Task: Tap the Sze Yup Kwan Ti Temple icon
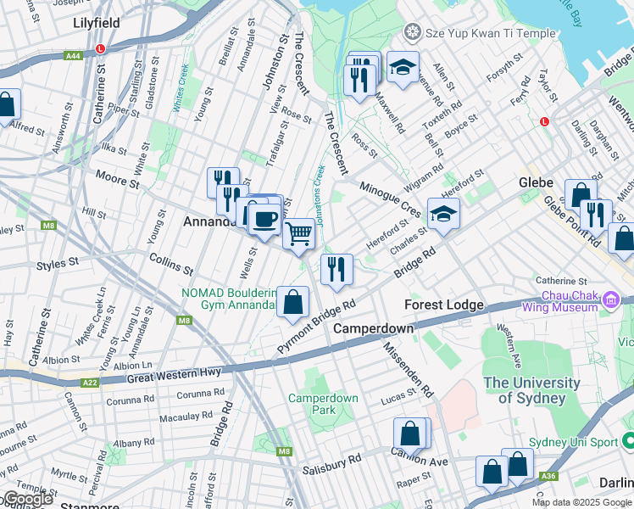click(413, 33)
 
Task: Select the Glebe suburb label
click(536, 182)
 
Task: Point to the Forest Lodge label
click(443, 305)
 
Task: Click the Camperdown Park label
click(323, 404)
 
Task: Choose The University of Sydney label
click(531, 390)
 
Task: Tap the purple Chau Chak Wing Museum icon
click(609, 299)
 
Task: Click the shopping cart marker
click(298, 232)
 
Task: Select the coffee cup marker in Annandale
click(264, 219)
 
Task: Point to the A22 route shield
click(90, 383)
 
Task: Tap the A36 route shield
click(549, 477)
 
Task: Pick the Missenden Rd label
click(409, 370)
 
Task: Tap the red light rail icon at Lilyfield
click(101, 48)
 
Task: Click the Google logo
click(28, 500)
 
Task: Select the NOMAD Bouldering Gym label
click(229, 299)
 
